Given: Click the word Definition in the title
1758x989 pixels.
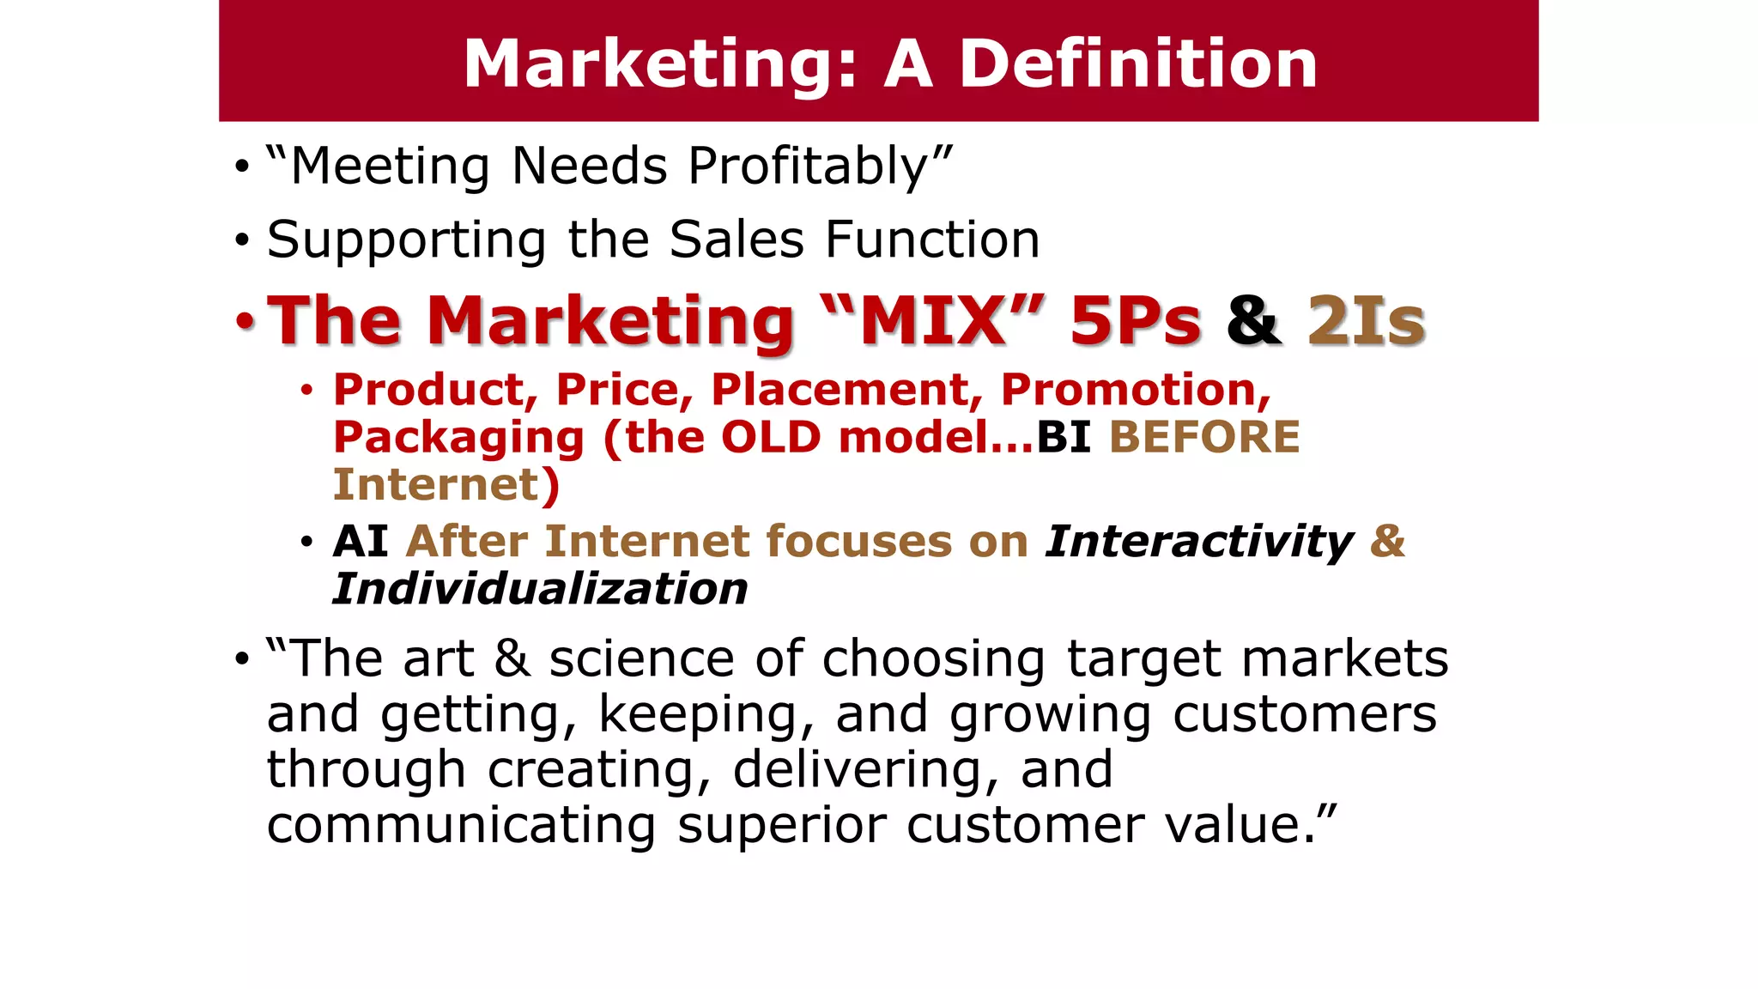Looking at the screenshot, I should click(1137, 64).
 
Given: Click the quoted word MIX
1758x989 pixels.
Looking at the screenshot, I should click(932, 321).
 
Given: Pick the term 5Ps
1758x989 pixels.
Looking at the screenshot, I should click(1135, 321).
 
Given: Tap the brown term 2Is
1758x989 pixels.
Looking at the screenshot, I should click(1366, 321).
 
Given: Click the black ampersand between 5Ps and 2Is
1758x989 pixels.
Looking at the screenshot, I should click(1254, 321).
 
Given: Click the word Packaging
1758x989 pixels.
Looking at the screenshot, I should click(458, 438).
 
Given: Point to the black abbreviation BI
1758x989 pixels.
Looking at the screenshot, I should click(1064, 438).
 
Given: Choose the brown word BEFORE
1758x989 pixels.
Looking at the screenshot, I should click(1204, 438).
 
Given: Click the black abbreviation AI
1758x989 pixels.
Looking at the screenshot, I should click(361, 542).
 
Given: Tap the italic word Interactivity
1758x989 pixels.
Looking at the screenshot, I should click(1199, 542).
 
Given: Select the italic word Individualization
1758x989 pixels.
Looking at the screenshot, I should click(540, 590).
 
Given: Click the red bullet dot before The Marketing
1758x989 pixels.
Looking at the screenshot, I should click(246, 321).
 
